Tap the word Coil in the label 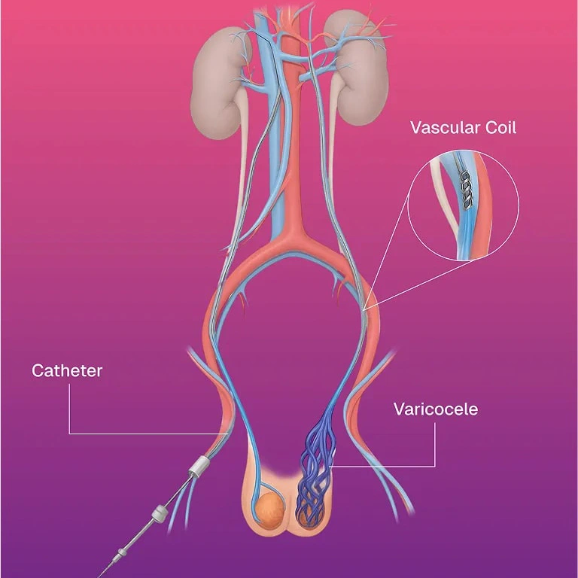click(500, 127)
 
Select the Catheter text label click(66, 370)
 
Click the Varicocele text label click(436, 409)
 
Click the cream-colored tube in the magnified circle click(443, 203)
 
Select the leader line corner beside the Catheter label click(69, 433)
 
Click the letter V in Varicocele click(399, 409)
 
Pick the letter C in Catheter click(37, 370)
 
